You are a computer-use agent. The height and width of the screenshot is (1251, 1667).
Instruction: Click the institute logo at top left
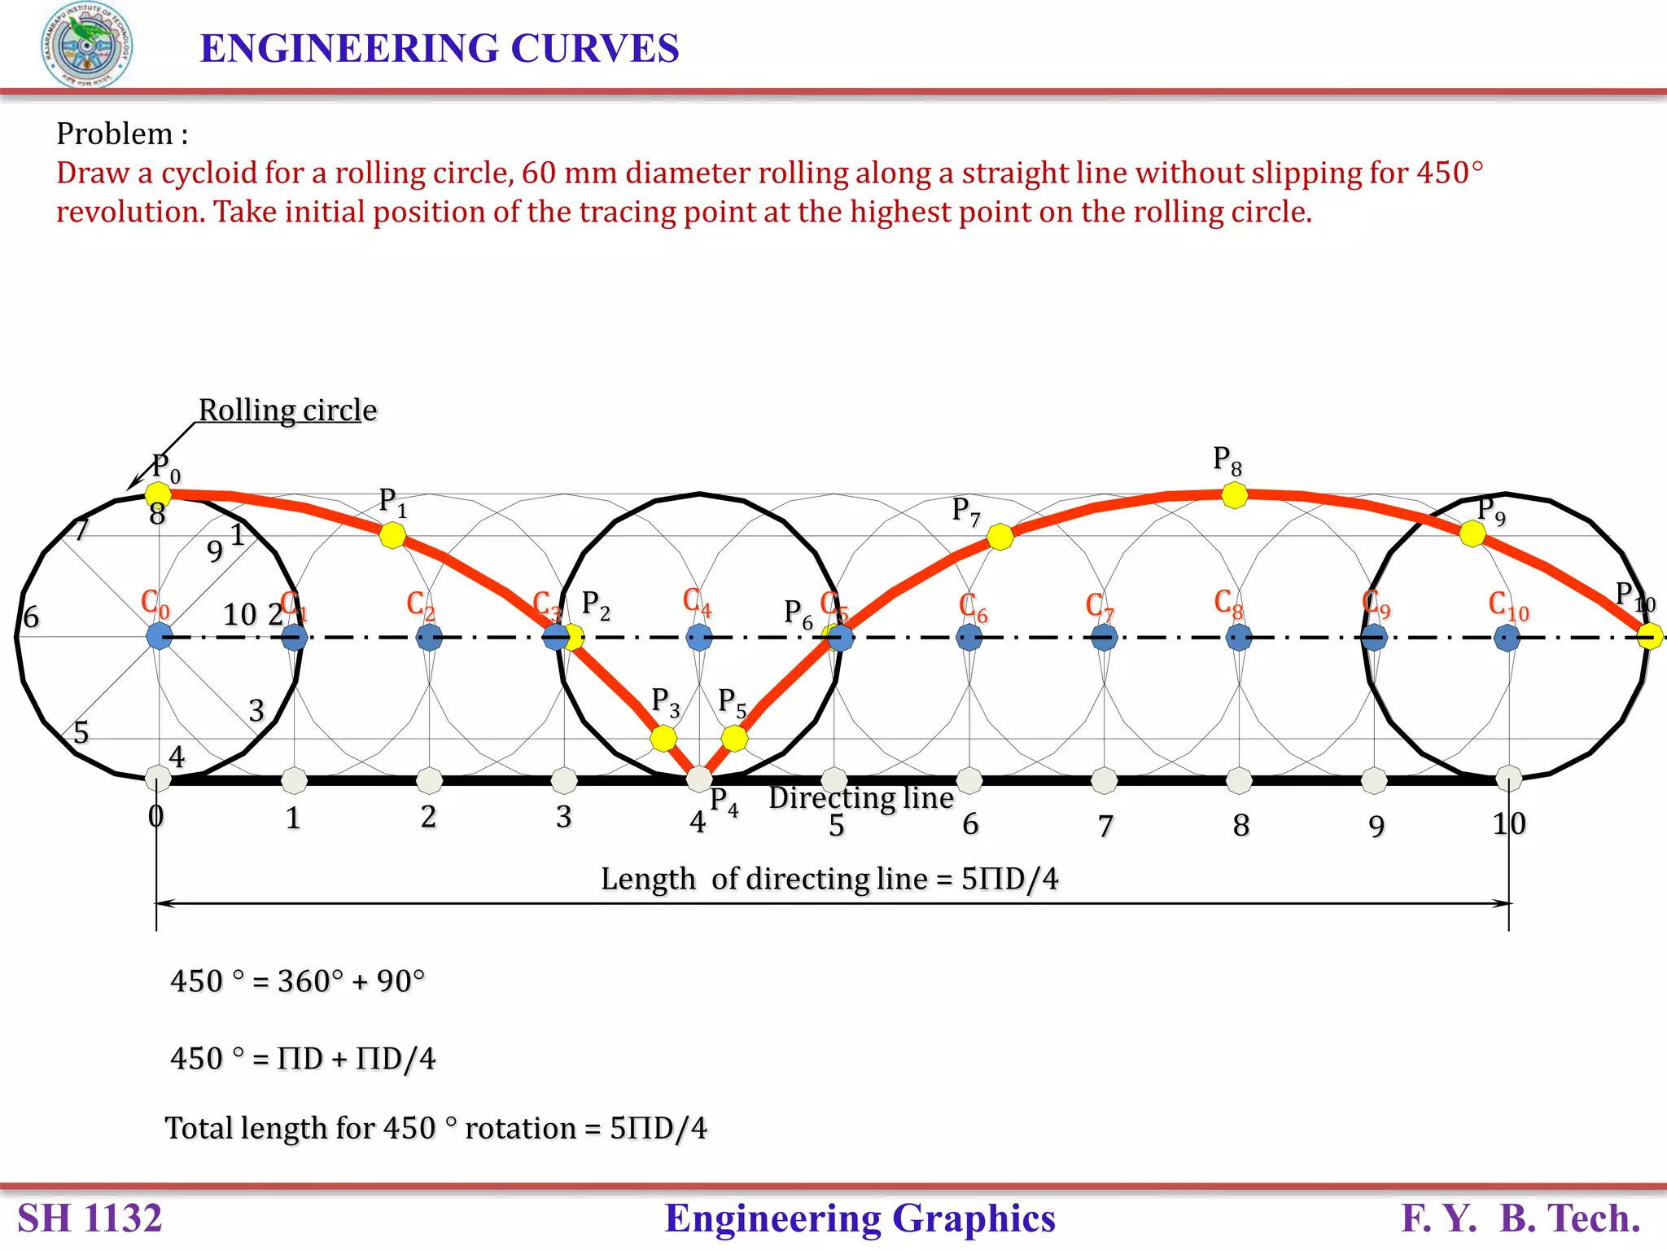click(x=87, y=46)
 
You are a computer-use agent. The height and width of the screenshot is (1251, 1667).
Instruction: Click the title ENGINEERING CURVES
click(x=439, y=48)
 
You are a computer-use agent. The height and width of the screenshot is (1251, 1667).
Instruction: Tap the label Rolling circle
click(x=287, y=410)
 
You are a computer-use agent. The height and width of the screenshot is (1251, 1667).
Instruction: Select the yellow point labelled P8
click(x=1235, y=495)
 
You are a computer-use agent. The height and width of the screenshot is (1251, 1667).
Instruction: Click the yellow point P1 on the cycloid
click(x=392, y=535)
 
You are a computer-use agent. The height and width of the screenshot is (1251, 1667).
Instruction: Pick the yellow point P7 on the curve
click(x=1000, y=537)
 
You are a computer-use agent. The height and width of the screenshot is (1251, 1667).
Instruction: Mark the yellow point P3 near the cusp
click(x=663, y=739)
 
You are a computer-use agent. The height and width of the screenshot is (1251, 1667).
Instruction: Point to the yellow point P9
click(x=1472, y=534)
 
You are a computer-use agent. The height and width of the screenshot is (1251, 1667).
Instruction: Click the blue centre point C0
click(x=160, y=637)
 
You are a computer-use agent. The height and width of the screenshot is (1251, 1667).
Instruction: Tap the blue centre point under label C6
click(x=969, y=637)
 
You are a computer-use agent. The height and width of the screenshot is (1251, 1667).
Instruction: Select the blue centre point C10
click(x=1507, y=637)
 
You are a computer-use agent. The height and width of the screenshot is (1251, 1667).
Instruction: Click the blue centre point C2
click(x=429, y=637)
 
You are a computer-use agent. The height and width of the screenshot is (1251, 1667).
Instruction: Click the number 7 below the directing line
click(x=1105, y=826)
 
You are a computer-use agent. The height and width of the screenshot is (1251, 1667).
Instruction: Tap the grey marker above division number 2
click(x=429, y=780)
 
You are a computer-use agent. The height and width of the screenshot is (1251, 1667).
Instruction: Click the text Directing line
click(x=860, y=798)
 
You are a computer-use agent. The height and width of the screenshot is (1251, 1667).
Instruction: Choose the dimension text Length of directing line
click(x=829, y=879)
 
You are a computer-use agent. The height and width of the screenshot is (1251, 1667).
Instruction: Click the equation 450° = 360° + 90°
click(x=297, y=981)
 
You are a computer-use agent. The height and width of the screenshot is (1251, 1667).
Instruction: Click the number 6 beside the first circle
click(x=31, y=617)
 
